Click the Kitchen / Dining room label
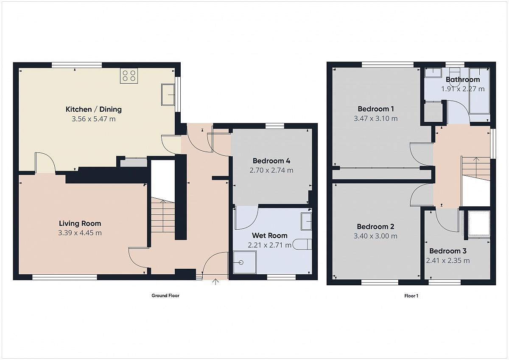click(x=94, y=110)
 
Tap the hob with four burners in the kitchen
click(x=129, y=76)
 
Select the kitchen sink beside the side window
click(x=168, y=95)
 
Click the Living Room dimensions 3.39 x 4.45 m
click(x=80, y=233)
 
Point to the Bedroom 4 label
click(x=271, y=161)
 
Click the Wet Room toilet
click(x=302, y=245)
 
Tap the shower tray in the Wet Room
click(x=245, y=262)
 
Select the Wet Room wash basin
click(x=306, y=221)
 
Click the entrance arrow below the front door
click(x=215, y=282)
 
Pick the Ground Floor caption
click(x=165, y=295)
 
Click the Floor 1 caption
click(x=411, y=295)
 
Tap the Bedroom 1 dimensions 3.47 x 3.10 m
click(x=376, y=118)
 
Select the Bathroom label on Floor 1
click(x=463, y=79)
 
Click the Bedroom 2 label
click(x=375, y=227)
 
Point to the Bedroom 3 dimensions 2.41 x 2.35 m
click(x=447, y=260)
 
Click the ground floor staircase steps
click(x=163, y=215)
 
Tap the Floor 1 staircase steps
click(x=475, y=168)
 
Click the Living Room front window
click(x=64, y=277)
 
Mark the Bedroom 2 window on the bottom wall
click(x=380, y=282)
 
